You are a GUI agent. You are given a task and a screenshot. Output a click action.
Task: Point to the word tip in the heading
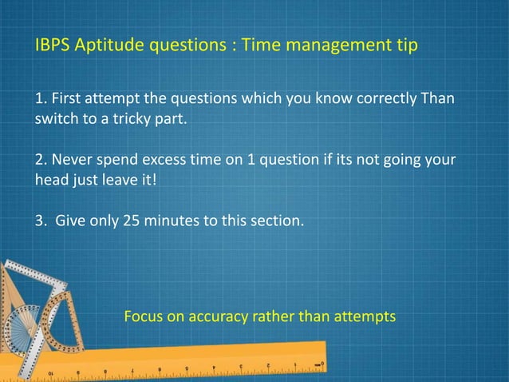coord(404,46)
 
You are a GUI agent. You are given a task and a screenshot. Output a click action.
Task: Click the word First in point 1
coord(68,99)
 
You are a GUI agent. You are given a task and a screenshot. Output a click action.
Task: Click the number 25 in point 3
coord(132,219)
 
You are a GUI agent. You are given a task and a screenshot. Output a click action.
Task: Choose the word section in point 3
coord(277,219)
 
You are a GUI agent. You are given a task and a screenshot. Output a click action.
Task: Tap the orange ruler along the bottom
coord(199,363)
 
